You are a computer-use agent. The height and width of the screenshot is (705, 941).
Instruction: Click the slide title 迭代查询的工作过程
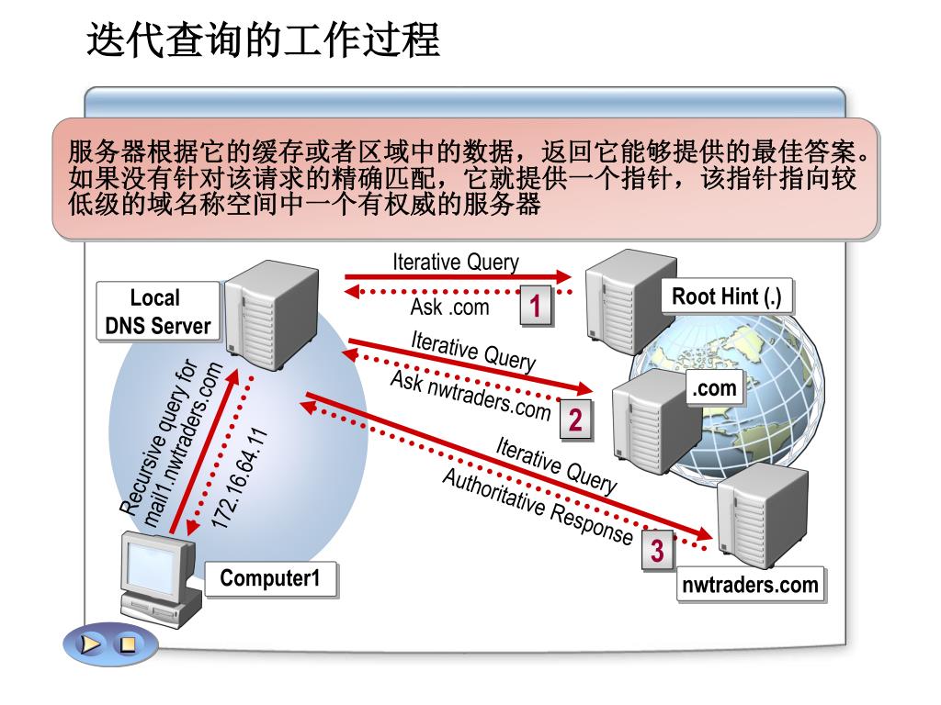[264, 41]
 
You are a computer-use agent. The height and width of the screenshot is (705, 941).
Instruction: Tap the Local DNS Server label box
[158, 311]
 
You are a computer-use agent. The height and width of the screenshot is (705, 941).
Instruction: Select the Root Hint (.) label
[726, 297]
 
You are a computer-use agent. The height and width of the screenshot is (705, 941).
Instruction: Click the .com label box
[715, 388]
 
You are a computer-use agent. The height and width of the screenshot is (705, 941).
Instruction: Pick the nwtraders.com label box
[750, 585]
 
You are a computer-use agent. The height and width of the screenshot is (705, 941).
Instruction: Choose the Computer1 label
[269, 579]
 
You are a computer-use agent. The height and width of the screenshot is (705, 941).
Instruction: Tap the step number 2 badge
[574, 420]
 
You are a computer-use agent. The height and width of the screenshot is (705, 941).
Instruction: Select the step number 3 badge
[657, 552]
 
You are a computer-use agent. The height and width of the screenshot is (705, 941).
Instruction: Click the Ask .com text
[449, 307]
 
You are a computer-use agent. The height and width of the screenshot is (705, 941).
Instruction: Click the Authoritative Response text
[538, 506]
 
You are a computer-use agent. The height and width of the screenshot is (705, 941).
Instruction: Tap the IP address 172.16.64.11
[241, 477]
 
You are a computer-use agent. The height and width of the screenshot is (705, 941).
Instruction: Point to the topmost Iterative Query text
[456, 262]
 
